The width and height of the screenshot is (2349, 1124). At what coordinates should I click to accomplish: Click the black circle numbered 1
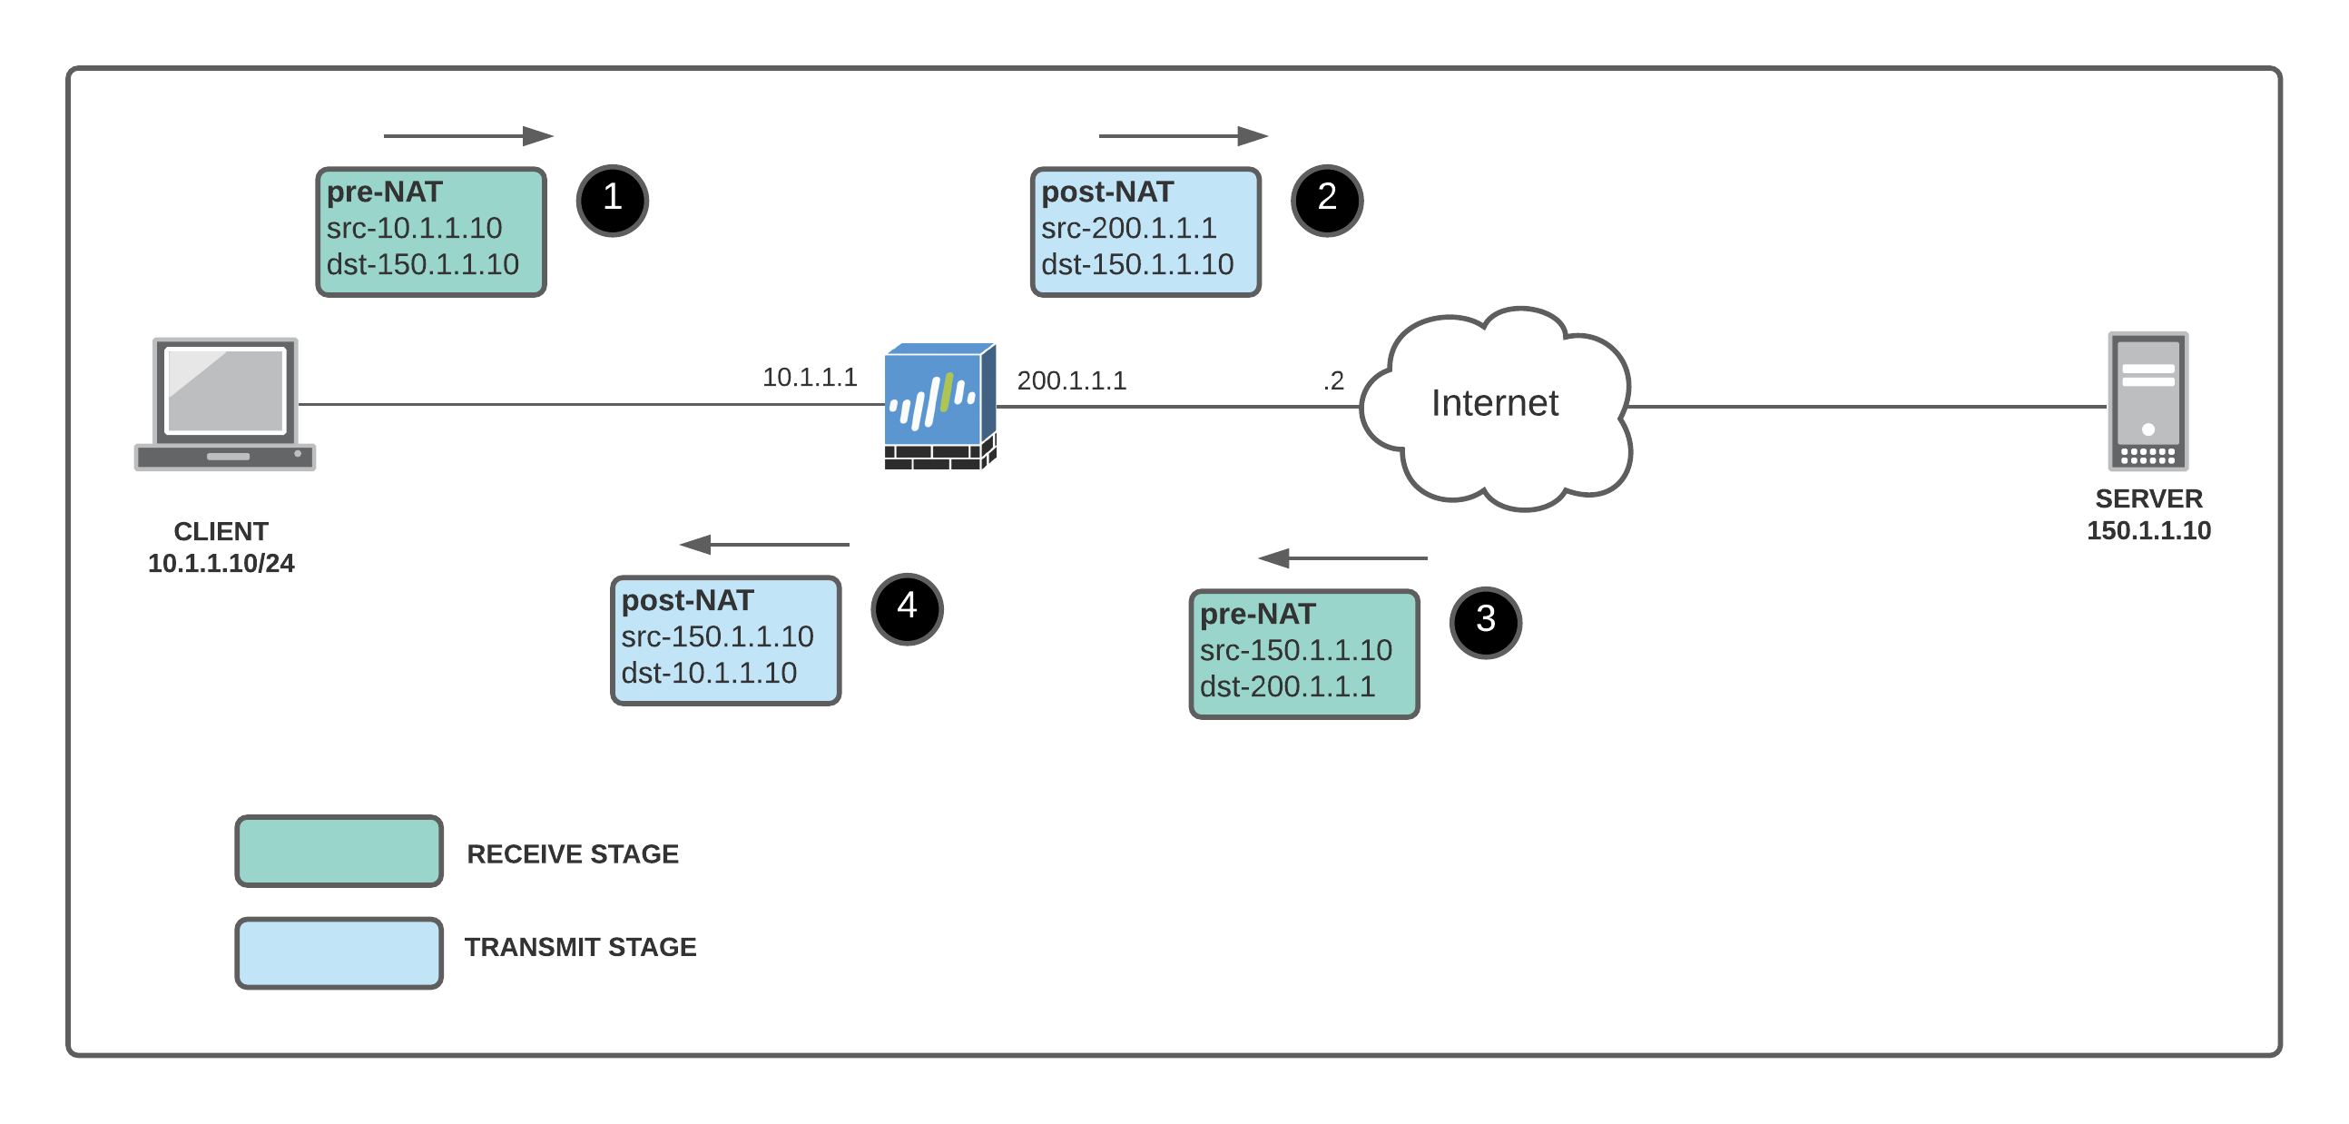(612, 200)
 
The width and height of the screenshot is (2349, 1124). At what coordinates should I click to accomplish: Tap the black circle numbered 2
(1327, 200)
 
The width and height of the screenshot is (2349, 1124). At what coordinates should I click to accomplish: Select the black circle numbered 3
(1486, 622)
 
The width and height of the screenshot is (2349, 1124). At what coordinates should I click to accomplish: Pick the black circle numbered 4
(907, 608)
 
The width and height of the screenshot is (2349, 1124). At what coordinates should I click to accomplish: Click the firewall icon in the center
(939, 406)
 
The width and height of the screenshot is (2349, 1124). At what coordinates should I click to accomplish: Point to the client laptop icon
(225, 404)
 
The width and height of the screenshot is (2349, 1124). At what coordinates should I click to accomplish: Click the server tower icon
(2148, 400)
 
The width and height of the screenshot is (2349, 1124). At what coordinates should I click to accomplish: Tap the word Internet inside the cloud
(1495, 403)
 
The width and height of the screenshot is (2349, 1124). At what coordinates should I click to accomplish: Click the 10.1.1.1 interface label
(810, 377)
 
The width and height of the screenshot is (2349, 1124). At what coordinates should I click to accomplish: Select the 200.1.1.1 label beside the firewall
(1071, 380)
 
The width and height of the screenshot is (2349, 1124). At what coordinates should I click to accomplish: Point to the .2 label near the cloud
(1333, 380)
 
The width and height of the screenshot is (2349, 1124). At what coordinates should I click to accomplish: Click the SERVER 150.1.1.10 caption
(2148, 515)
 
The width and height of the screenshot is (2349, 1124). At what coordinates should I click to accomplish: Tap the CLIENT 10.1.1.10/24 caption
(221, 547)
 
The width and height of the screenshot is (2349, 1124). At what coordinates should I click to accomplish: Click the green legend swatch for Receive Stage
(339, 852)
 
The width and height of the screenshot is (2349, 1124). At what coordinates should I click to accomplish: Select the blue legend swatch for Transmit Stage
(339, 952)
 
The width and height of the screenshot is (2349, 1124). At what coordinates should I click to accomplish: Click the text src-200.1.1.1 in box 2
(1129, 228)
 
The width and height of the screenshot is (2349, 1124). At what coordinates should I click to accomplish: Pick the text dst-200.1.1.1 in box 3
(1287, 686)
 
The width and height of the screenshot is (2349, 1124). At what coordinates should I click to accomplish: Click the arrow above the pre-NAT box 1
(467, 136)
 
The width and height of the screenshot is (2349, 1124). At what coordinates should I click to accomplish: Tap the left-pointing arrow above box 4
(764, 545)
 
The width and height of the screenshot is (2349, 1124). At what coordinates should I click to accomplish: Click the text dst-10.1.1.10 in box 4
(709, 673)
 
